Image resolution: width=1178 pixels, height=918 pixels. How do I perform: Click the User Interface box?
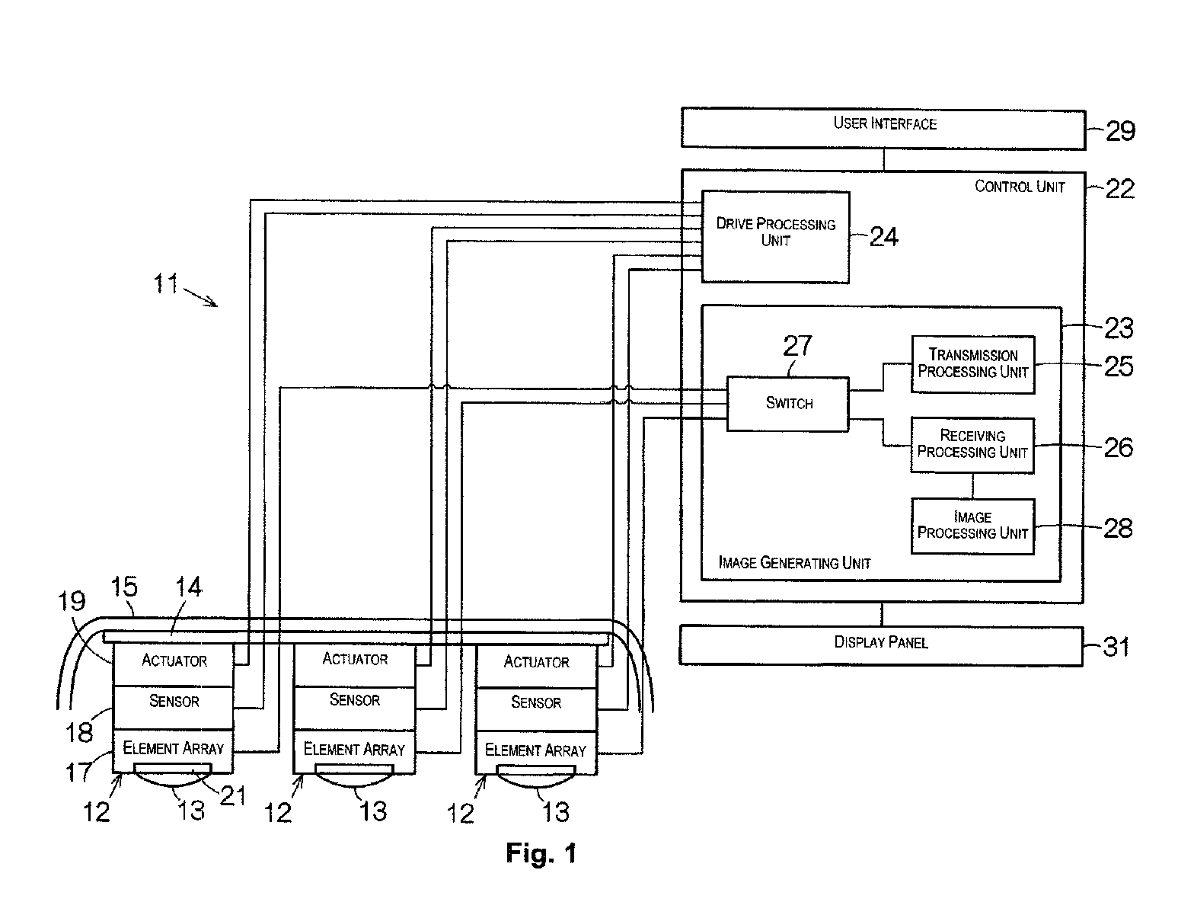883,128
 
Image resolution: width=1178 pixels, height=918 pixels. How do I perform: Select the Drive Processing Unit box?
775,236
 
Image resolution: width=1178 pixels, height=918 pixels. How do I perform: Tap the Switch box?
787,404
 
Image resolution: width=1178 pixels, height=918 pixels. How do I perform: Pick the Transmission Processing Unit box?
972,364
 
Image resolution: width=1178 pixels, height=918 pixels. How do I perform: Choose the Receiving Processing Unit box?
972,445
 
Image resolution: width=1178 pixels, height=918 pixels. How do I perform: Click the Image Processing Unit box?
972,526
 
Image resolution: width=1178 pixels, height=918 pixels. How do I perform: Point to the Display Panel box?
881,645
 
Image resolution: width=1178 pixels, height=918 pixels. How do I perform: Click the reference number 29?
1120,131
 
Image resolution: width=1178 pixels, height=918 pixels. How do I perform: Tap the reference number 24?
883,236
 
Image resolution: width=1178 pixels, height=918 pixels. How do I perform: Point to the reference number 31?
1117,646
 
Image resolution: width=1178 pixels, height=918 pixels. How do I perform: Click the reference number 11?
165,283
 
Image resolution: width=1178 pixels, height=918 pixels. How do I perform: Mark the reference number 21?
234,796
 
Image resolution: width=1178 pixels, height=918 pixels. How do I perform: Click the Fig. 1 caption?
541,853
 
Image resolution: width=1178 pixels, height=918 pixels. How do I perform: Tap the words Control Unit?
1020,187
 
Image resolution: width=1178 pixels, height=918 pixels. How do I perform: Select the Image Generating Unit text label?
794,562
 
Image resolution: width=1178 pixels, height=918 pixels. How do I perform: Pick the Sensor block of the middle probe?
355,708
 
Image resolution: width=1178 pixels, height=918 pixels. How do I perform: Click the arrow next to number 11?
200,297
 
